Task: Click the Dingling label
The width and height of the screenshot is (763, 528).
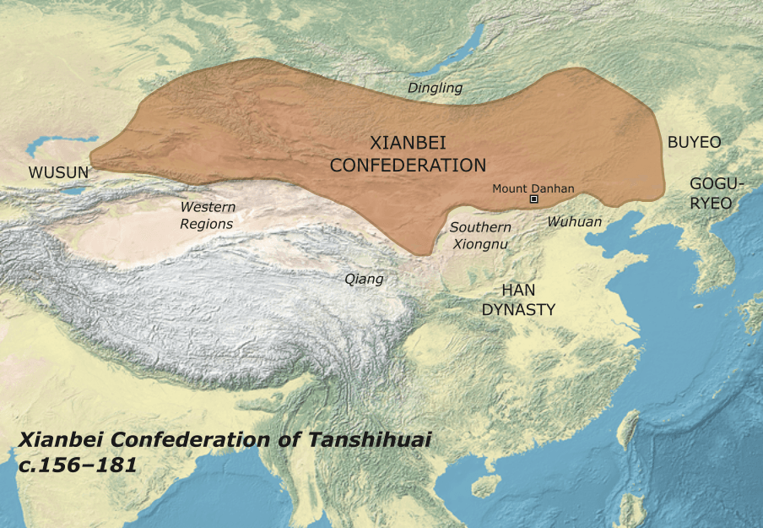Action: coord(435,87)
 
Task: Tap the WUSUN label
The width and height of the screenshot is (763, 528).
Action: coord(58,172)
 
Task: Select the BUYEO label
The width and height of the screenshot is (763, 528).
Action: coord(694,143)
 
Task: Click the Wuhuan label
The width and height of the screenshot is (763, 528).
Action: coord(575,221)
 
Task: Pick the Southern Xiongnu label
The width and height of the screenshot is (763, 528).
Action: coord(480,236)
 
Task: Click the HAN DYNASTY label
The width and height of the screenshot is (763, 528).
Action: coord(518,300)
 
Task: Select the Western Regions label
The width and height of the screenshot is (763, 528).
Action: coord(207,215)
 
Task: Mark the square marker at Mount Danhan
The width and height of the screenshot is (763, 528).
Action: coord(533,199)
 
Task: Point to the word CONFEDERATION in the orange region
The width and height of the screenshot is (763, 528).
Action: coord(408,166)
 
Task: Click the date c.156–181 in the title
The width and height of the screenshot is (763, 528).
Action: coord(78,465)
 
